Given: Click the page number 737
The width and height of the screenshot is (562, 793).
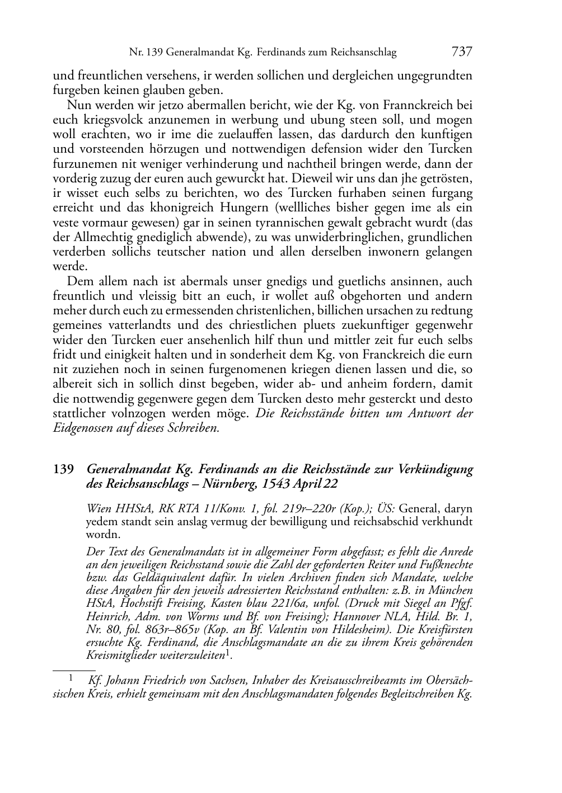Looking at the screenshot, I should (461, 52).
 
